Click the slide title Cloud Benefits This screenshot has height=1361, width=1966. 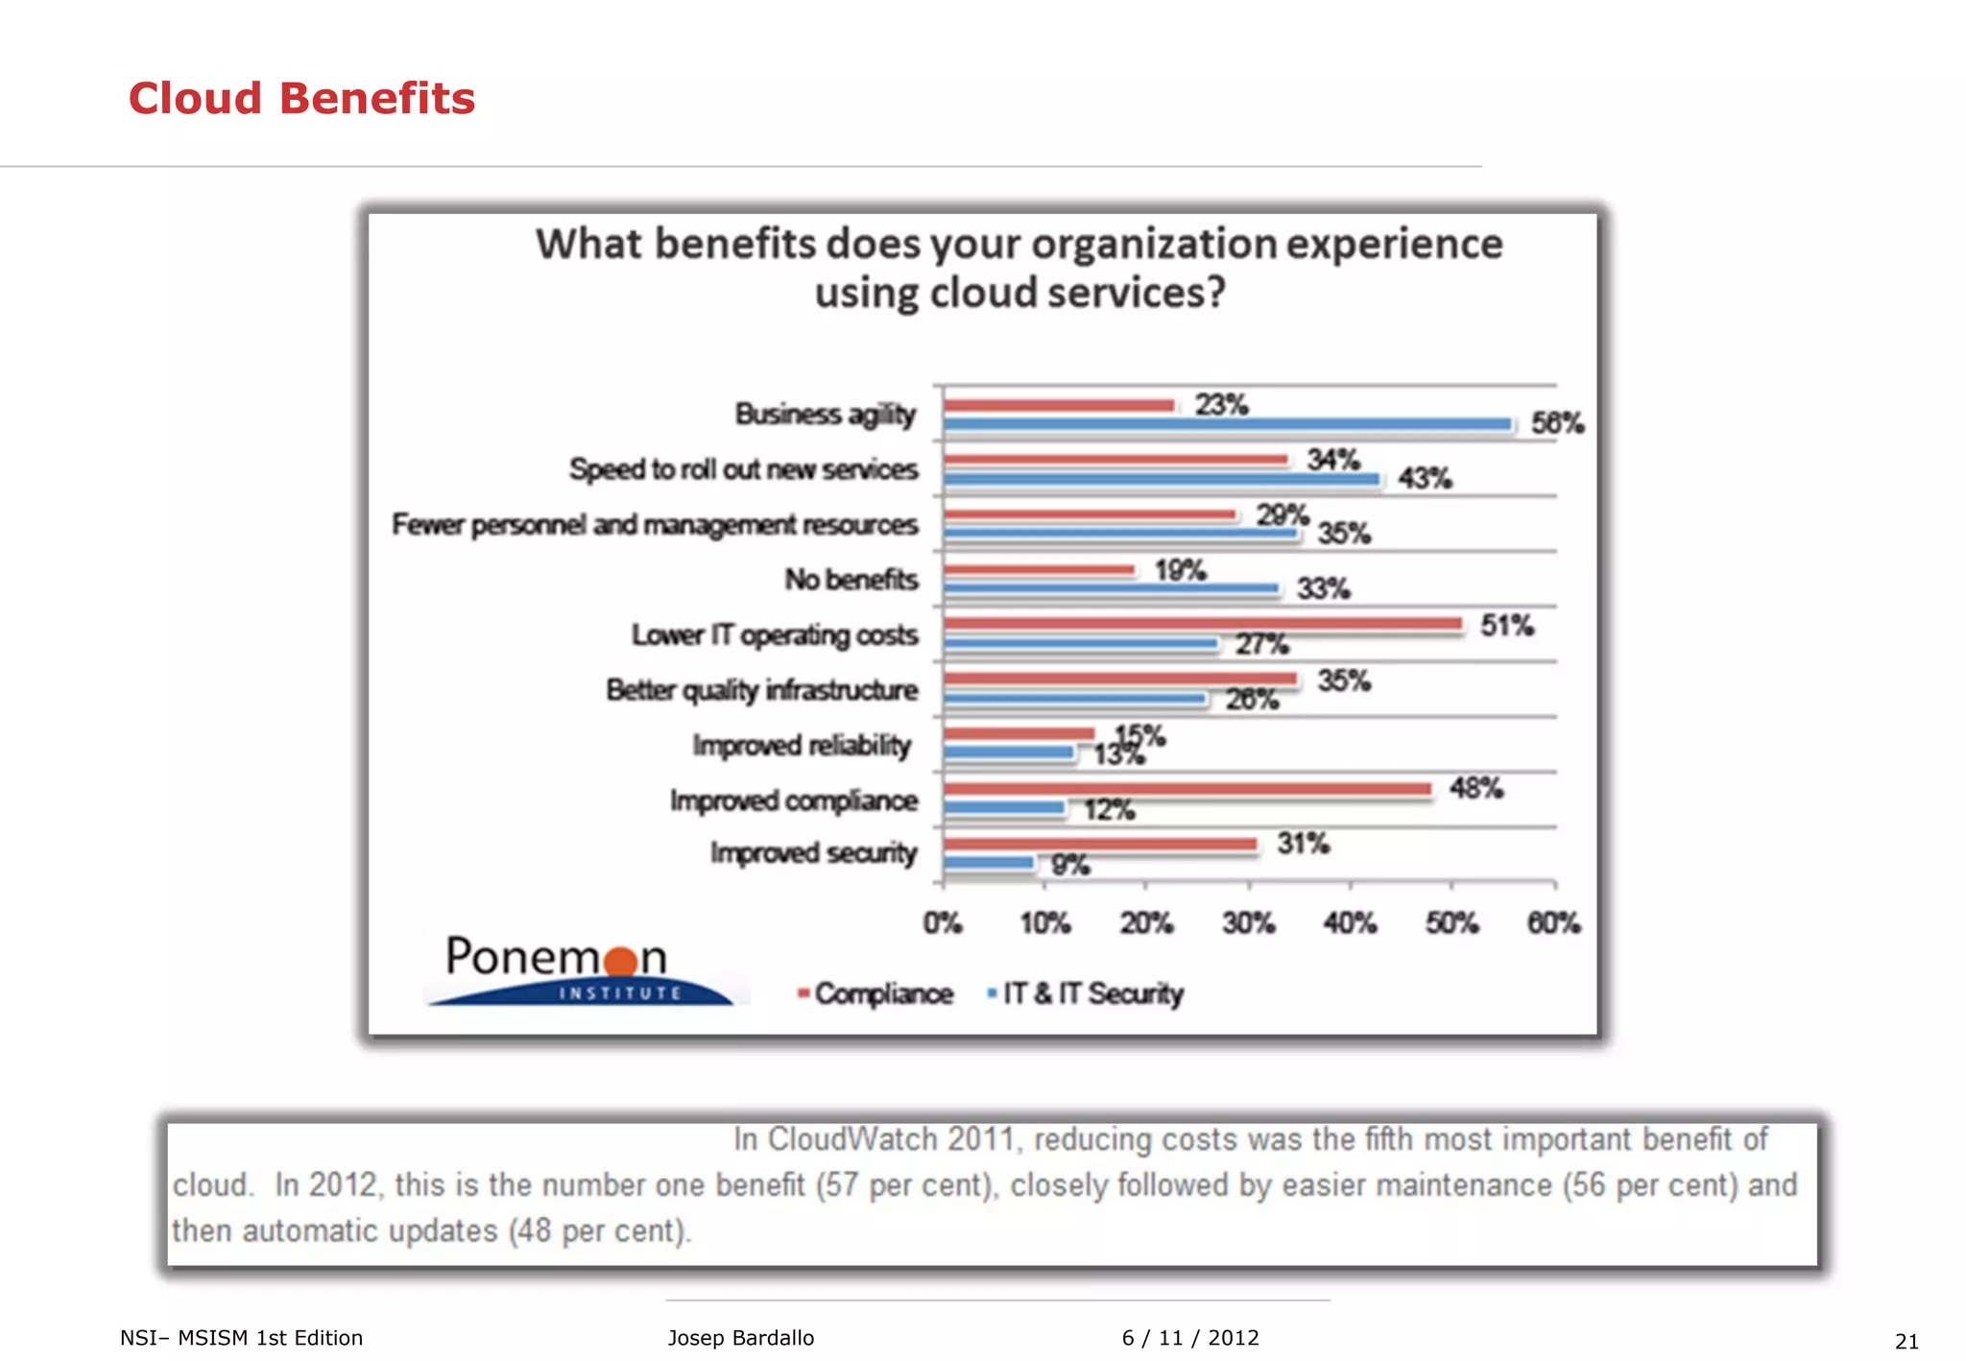pyautogui.click(x=301, y=99)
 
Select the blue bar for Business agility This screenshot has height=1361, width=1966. pyautogui.click(x=1227, y=423)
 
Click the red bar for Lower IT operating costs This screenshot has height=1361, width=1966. pyautogui.click(x=1202, y=624)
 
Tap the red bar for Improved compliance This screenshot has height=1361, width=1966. pyautogui.click(x=1187, y=789)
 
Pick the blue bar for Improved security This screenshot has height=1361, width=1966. pyautogui.click(x=989, y=863)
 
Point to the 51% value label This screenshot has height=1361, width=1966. pyautogui.click(x=1506, y=626)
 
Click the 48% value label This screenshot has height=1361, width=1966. pyautogui.click(x=1475, y=789)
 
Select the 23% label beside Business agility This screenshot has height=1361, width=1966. pyautogui.click(x=1221, y=404)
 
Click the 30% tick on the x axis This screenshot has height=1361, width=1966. pyautogui.click(x=1248, y=923)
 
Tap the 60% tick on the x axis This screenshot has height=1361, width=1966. pyautogui.click(x=1553, y=923)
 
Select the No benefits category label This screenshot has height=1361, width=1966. pyautogui.click(x=851, y=580)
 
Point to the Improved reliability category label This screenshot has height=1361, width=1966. pyautogui.click(x=802, y=746)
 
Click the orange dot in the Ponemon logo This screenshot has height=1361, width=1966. pyautogui.click(x=622, y=960)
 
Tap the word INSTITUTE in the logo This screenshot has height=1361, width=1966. pyautogui.click(x=619, y=993)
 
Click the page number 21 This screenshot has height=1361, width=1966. pyautogui.click(x=1906, y=1341)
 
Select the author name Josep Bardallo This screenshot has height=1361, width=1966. pyautogui.click(x=740, y=1338)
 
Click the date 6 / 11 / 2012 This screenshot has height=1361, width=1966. pyautogui.click(x=1189, y=1338)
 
